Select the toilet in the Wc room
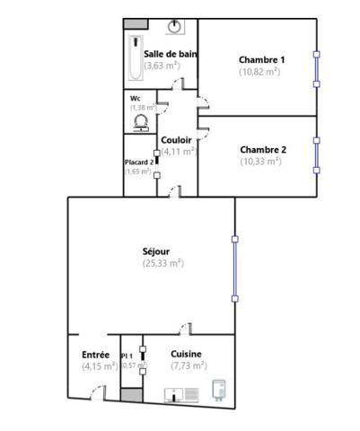coord(141,121)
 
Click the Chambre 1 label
coord(261,60)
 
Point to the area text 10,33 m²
coord(260,162)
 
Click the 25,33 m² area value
coord(162,263)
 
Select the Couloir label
coord(176,140)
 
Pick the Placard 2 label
coord(139,162)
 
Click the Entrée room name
coord(95,355)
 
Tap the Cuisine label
coord(186,354)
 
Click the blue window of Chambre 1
coord(315,69)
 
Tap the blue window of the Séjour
coord(234,268)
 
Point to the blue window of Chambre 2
coord(315,154)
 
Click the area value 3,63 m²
coord(162,66)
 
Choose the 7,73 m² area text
coord(189,365)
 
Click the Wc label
coord(136,98)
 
